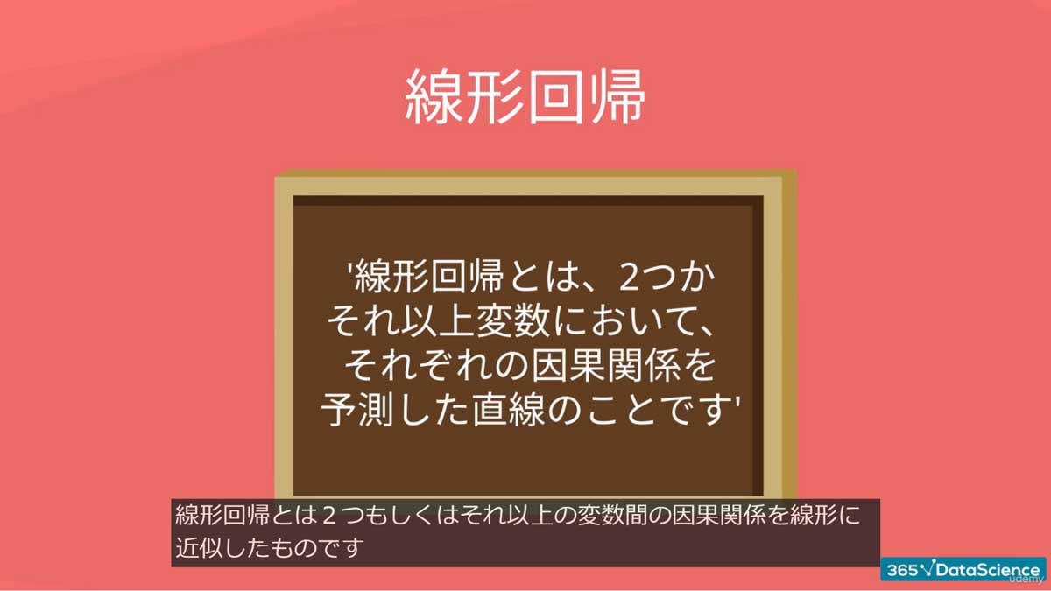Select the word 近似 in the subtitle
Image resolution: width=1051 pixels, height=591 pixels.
click(196, 548)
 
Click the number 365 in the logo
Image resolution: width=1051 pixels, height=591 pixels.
click(901, 569)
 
